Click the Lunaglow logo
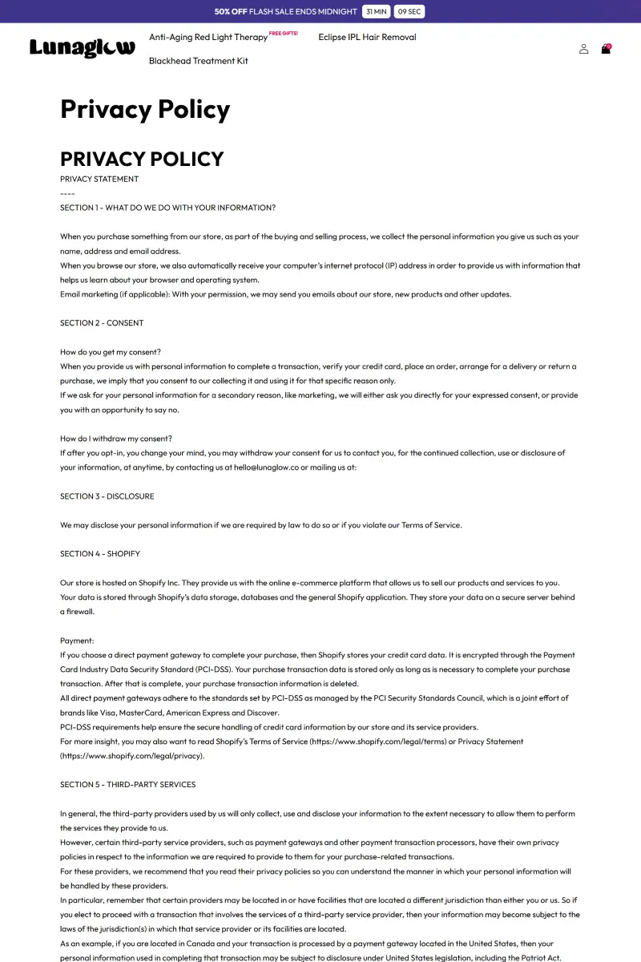pos(82,48)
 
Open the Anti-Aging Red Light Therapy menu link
pos(208,37)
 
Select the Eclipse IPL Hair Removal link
pos(367,37)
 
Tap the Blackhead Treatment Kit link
pos(199,61)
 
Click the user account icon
pos(583,49)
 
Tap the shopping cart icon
pos(606,49)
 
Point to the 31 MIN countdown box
pos(376,12)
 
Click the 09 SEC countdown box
pos(409,12)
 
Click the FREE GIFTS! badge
pos(283,34)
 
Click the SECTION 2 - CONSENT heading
pos(102,323)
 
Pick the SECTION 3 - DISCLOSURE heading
pos(107,496)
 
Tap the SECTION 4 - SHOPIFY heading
pos(100,554)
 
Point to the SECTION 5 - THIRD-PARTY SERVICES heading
pos(127,785)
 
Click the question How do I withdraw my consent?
pos(116,439)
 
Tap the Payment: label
pos(77,641)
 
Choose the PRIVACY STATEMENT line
pos(99,179)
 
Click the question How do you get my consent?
pos(111,352)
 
